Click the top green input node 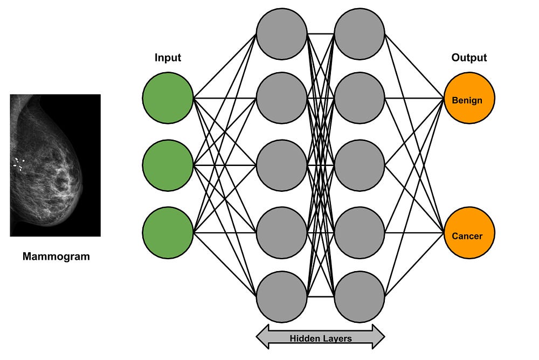click(168, 98)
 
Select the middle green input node click(168, 165)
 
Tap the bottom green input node click(168, 232)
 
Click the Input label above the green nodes click(168, 58)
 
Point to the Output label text click(469, 58)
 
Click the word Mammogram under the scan click(56, 257)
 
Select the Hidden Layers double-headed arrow click(320, 337)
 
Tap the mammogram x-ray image click(56, 165)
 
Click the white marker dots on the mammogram click(19, 164)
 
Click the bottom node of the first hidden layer click(281, 296)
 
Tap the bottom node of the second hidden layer click(360, 296)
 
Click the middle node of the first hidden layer click(281, 165)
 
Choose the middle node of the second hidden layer click(360, 165)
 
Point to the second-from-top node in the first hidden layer click(281, 98)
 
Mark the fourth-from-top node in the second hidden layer click(360, 232)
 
